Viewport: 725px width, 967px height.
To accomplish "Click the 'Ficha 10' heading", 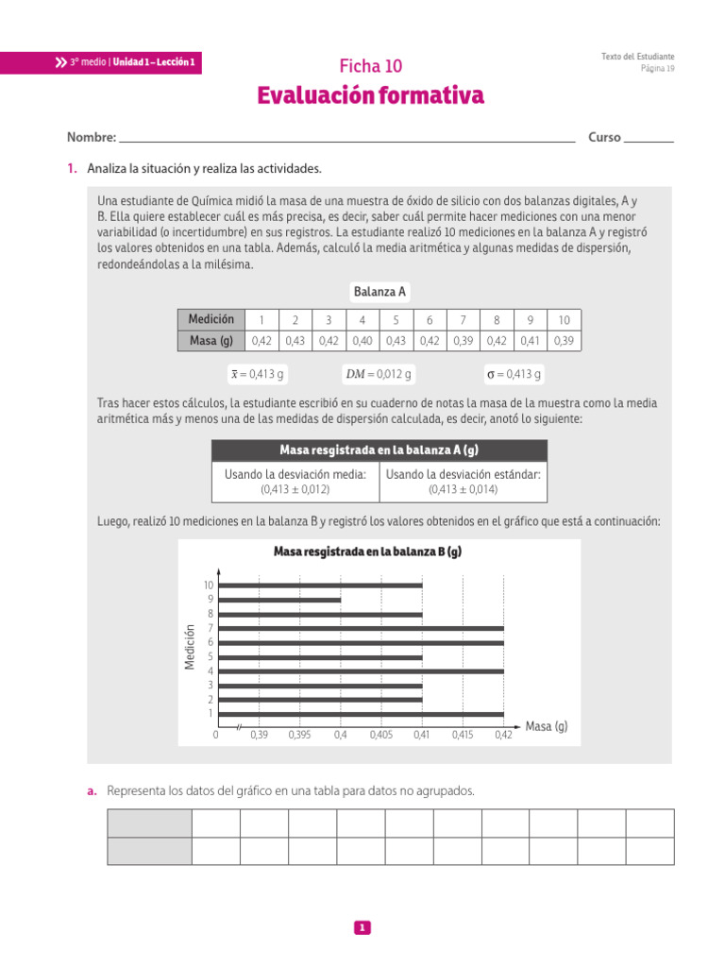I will (370, 65).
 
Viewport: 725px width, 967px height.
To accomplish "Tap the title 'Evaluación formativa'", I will (370, 96).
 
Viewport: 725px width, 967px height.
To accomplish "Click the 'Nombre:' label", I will (91, 138).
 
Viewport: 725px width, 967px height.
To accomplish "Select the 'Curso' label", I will (604, 138).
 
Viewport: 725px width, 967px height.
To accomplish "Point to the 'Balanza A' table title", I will (379, 292).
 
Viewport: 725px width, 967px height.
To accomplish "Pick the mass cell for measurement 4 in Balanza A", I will (362, 341).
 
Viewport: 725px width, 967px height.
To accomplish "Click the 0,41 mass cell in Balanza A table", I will (531, 341).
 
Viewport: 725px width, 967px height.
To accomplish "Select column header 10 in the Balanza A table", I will (564, 320).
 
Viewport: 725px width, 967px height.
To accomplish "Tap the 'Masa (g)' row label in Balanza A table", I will (211, 341).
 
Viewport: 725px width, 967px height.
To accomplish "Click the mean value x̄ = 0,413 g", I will (257, 375).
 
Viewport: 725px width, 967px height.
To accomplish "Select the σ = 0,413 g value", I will (514, 375).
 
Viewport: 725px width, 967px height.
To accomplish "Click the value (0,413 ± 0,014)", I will (463, 490).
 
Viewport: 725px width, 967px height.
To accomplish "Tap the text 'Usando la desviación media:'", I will (295, 474).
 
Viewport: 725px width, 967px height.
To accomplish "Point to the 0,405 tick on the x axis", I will (381, 735).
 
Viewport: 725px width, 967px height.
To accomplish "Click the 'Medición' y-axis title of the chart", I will (190, 648).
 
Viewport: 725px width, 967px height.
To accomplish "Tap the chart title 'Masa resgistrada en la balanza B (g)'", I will (367, 551).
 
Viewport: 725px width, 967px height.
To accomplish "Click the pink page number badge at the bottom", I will (362, 928).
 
